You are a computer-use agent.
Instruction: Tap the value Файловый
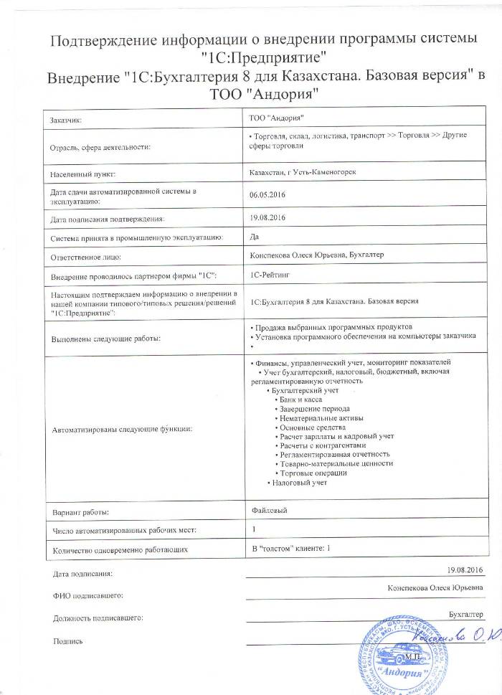(x=265, y=511)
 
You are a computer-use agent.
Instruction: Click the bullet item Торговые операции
(x=313, y=473)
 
